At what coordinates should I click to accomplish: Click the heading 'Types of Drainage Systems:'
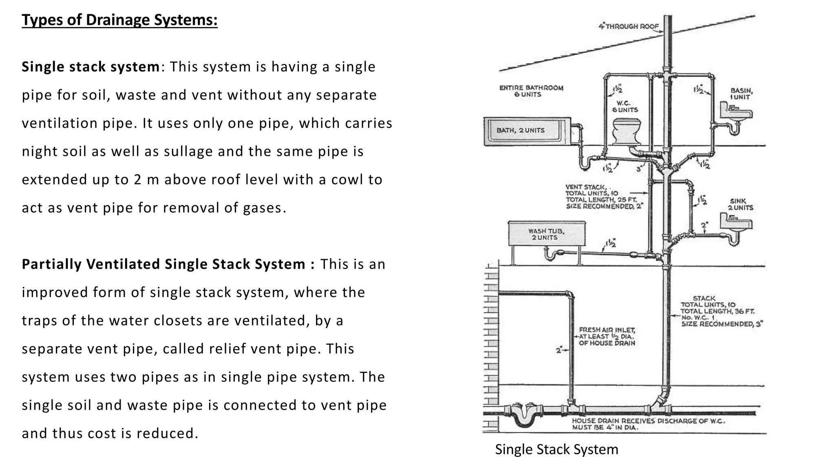pos(119,20)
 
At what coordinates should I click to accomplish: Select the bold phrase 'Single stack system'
pos(91,67)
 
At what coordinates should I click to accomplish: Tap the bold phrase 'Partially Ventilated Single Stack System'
pos(163,264)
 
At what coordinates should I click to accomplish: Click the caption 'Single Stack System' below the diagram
pos(556,449)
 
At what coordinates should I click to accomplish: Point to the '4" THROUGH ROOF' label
pos(628,27)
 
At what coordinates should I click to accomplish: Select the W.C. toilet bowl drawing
pos(627,131)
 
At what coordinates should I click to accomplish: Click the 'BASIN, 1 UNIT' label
pos(741,94)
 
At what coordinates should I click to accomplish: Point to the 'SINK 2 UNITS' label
pos(740,204)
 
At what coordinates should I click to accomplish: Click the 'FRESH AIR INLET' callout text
pos(606,336)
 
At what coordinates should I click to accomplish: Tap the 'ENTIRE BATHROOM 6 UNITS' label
pos(531,91)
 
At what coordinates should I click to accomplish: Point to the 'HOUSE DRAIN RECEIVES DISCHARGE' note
pos(647,424)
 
